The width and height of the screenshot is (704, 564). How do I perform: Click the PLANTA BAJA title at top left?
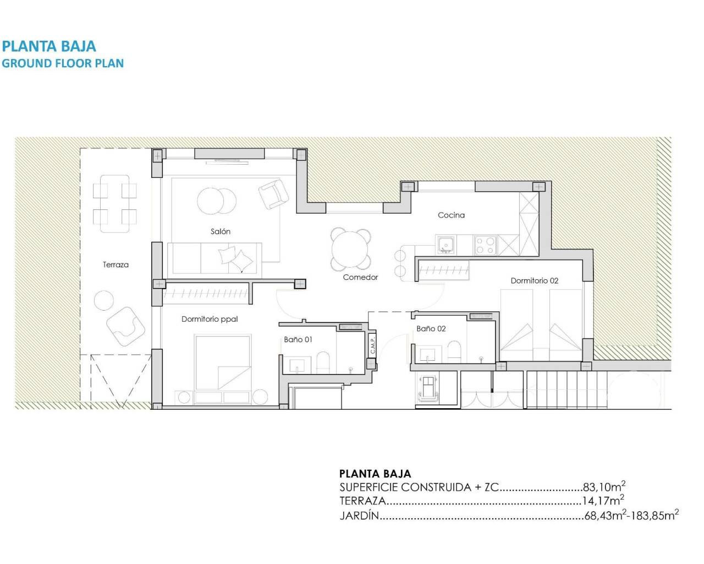tap(49, 46)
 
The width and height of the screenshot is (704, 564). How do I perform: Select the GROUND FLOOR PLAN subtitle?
tap(63, 63)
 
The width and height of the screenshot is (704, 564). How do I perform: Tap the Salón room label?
tap(220, 231)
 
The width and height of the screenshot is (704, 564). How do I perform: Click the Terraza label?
tap(116, 265)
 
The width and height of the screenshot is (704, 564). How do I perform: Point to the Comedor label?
tap(360, 277)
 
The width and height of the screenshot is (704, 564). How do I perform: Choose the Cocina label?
tap(451, 215)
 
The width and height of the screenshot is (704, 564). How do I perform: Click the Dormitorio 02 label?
tap(534, 281)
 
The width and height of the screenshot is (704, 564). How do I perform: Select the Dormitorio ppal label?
tap(210, 319)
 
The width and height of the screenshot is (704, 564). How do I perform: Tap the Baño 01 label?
tap(298, 339)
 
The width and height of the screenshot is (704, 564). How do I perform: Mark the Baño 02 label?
tap(431, 329)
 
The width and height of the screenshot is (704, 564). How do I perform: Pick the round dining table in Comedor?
tap(350, 249)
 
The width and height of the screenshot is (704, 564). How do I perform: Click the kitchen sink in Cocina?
tap(446, 244)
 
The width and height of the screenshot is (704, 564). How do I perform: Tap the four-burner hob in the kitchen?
tap(485, 245)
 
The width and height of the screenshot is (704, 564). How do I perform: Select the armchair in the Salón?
tap(273, 194)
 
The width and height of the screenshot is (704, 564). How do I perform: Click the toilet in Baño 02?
tap(454, 351)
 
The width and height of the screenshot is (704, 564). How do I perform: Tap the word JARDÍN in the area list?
tap(359, 516)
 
